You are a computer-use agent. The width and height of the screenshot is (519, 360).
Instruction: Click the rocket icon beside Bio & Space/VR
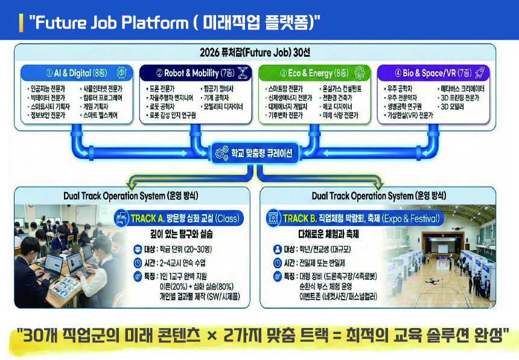tap(480, 73)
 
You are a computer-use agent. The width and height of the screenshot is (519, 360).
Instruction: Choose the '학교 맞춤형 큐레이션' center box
tap(259, 153)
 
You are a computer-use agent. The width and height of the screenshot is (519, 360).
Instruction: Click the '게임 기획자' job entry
tap(98, 106)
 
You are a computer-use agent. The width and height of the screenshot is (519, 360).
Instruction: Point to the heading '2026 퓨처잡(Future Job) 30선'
tap(259, 52)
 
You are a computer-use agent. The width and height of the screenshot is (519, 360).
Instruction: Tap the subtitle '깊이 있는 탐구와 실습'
tap(177, 233)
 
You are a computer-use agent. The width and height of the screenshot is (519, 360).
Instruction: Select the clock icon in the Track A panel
tap(138, 263)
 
